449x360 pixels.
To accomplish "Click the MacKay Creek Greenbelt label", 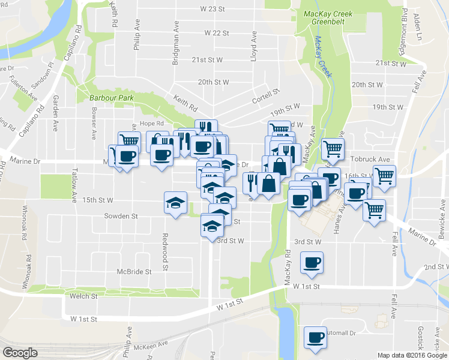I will (x=327, y=17).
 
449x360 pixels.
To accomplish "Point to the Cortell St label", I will (x=267, y=97).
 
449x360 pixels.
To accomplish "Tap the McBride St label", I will (x=134, y=272).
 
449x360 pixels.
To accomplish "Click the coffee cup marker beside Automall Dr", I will (x=315, y=337).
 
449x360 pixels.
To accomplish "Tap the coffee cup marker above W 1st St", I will (x=312, y=263).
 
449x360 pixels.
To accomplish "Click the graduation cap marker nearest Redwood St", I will (x=175, y=202).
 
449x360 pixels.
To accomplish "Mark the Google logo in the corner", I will (x=20, y=353).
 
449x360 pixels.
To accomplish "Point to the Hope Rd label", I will (x=148, y=124).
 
